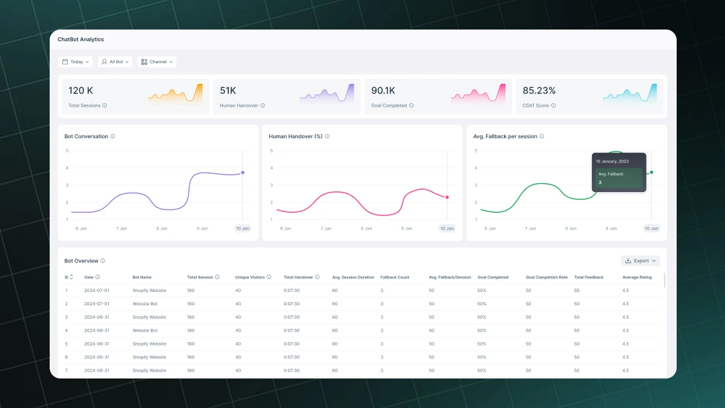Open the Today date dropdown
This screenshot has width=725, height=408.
(x=75, y=62)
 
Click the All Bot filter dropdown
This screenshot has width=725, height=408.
(x=115, y=62)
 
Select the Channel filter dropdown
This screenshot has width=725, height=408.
(x=157, y=62)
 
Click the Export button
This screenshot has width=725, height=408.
(x=640, y=260)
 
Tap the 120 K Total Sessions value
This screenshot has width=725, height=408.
(x=81, y=91)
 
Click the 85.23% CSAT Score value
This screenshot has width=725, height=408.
(x=539, y=91)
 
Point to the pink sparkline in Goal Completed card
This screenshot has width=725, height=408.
(x=478, y=94)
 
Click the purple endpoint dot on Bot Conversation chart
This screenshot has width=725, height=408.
(x=242, y=172)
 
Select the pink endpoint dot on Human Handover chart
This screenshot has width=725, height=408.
(x=447, y=197)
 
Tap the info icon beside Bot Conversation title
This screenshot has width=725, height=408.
(x=113, y=136)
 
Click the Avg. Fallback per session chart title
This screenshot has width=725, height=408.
(x=505, y=136)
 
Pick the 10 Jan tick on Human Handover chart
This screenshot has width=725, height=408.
(x=446, y=228)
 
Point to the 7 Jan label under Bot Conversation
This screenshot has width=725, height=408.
(x=122, y=228)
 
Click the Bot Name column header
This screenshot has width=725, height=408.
(x=142, y=277)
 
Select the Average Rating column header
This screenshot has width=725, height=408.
(x=636, y=277)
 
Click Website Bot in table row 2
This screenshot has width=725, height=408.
(x=145, y=304)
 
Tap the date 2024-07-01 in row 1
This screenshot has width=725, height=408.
(x=97, y=291)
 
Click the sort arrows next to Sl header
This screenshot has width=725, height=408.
(x=72, y=277)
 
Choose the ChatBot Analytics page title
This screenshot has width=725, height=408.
(x=81, y=40)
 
